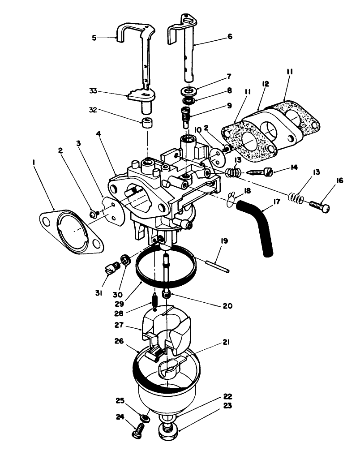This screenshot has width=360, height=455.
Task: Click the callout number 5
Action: pos(94,38)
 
